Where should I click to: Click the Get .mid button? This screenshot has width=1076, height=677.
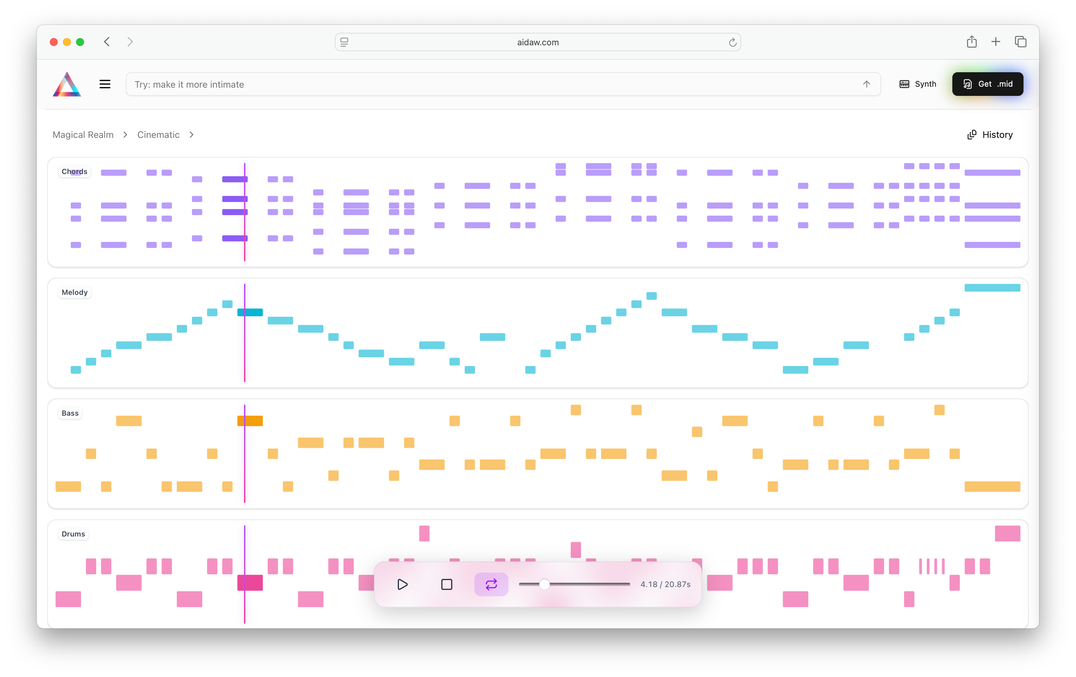[987, 84]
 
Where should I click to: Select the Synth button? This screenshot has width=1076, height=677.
[918, 84]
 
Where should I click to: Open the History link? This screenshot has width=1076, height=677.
[990, 135]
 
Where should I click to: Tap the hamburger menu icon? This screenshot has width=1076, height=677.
[105, 84]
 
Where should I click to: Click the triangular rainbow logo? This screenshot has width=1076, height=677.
[67, 84]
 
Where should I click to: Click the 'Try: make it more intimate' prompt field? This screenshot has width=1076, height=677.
[491, 84]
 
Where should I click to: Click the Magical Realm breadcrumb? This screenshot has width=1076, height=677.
[83, 135]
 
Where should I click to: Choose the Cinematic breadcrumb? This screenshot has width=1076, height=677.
[158, 135]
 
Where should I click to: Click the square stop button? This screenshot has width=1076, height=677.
[446, 584]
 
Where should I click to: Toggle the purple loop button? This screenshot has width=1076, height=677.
[491, 584]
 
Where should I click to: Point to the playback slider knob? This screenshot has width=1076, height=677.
[544, 584]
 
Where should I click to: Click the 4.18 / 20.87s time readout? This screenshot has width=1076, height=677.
[665, 584]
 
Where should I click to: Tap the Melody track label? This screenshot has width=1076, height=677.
[74, 293]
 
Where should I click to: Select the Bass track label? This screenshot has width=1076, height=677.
[70, 413]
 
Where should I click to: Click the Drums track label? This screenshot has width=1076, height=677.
[73, 534]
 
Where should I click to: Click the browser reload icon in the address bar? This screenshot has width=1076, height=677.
[733, 42]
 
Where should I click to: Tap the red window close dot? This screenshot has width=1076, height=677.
[53, 42]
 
